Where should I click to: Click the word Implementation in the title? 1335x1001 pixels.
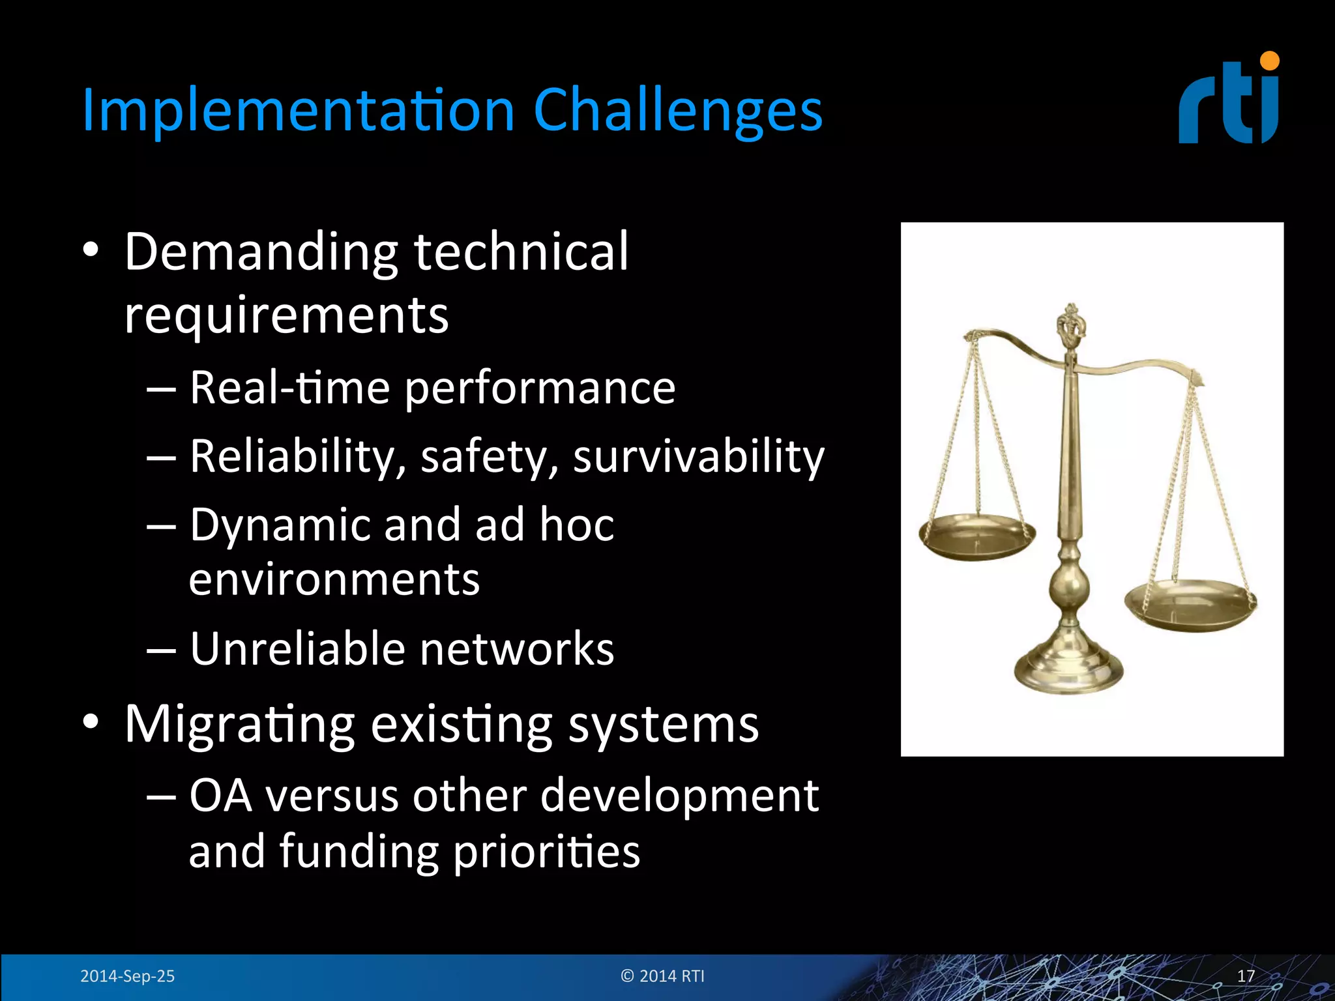point(299,111)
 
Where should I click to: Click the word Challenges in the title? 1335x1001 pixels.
point(678,111)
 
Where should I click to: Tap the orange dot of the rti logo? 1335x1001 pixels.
point(1269,61)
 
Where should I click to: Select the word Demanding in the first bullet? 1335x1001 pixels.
point(261,253)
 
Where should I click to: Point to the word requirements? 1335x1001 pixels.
point(287,315)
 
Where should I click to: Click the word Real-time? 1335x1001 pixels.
point(289,387)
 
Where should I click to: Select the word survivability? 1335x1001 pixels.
point(699,456)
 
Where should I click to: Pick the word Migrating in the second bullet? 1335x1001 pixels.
point(239,724)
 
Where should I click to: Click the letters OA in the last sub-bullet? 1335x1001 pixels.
point(220,796)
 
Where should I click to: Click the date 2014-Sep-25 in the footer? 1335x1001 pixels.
point(127,976)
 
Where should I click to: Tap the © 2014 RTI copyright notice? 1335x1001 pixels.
point(662,976)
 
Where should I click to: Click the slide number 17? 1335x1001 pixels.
point(1245,976)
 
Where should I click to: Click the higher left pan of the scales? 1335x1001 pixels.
point(976,537)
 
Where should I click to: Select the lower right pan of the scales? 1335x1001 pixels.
point(1190,605)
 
